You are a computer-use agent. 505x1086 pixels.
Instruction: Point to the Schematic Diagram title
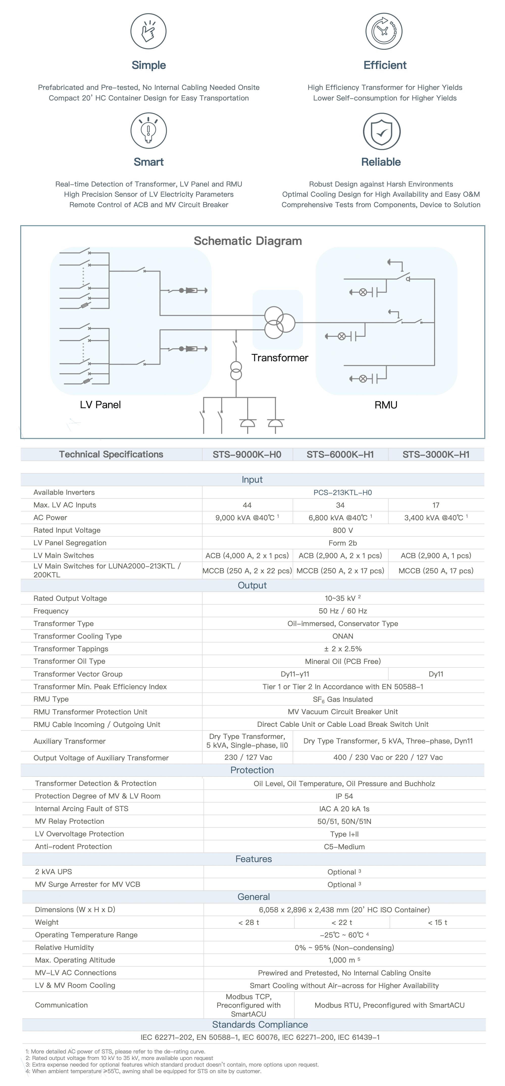pyautogui.click(x=248, y=241)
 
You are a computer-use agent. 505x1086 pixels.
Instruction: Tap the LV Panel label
pyautogui.click(x=100, y=405)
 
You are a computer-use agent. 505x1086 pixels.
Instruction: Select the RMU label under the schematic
pyautogui.click(x=386, y=405)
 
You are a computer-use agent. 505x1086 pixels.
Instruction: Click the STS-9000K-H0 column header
pyautogui.click(x=247, y=454)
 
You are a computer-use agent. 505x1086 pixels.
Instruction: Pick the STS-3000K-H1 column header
pyautogui.click(x=436, y=454)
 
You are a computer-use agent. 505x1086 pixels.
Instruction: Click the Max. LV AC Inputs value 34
pyautogui.click(x=340, y=505)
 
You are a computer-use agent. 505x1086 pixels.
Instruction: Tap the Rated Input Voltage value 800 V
pyautogui.click(x=343, y=530)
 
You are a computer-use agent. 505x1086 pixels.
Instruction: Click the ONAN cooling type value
pyautogui.click(x=343, y=636)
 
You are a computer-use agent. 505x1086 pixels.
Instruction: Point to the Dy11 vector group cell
pyautogui.click(x=436, y=674)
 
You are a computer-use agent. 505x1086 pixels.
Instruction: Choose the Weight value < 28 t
pyautogui.click(x=249, y=922)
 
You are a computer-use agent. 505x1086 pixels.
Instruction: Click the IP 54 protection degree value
pyautogui.click(x=344, y=796)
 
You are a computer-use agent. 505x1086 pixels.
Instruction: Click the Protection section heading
pyautogui.click(x=252, y=770)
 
